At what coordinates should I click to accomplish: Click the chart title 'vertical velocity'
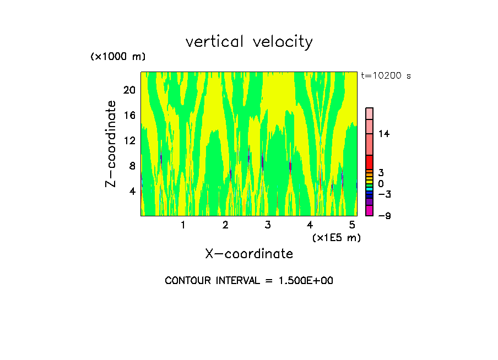pyautogui.click(x=249, y=42)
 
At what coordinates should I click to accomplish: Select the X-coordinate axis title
pyautogui.click(x=249, y=254)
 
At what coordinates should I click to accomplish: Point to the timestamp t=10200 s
pyautogui.click(x=386, y=76)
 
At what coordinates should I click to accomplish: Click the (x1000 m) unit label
pyautogui.click(x=118, y=57)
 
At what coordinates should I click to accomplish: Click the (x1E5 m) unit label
pyautogui.click(x=336, y=237)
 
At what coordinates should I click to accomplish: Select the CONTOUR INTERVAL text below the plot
pyautogui.click(x=249, y=281)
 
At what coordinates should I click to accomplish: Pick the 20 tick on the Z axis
pyautogui.click(x=129, y=90)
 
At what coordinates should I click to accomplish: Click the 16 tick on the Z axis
pyautogui.click(x=129, y=116)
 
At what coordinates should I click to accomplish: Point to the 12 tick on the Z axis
pyautogui.click(x=129, y=141)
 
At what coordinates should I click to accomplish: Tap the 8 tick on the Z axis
pyautogui.click(x=132, y=166)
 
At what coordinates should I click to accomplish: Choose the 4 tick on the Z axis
pyautogui.click(x=132, y=192)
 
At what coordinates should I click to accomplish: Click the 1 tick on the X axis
pyautogui.click(x=183, y=225)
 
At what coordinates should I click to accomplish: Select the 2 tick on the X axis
pyautogui.click(x=225, y=225)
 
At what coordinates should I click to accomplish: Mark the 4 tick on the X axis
pyautogui.click(x=310, y=225)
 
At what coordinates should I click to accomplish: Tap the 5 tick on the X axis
pyautogui.click(x=353, y=225)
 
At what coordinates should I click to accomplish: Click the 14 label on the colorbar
pyautogui.click(x=384, y=134)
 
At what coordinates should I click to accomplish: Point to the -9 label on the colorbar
pyautogui.click(x=384, y=216)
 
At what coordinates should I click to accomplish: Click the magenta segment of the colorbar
pyautogui.click(x=370, y=210)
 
